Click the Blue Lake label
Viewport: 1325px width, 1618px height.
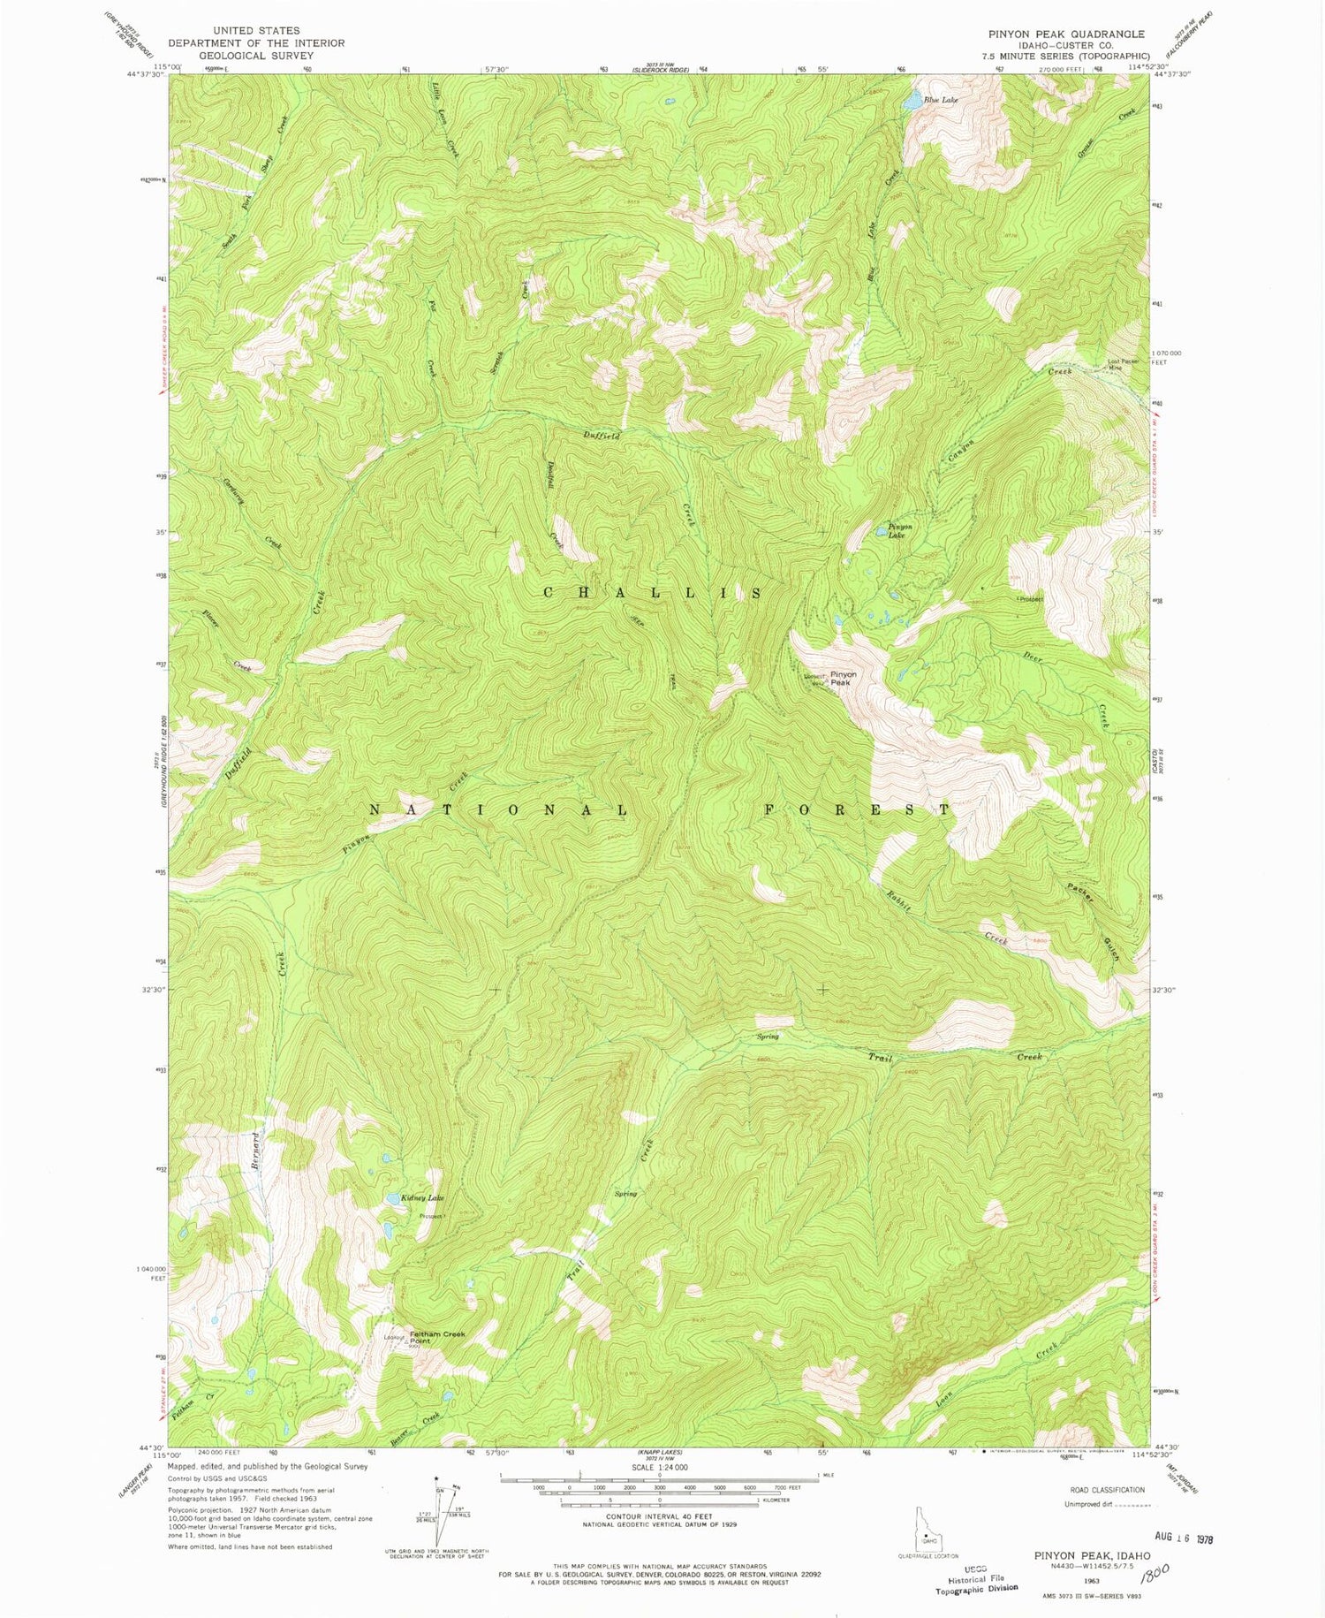click(941, 101)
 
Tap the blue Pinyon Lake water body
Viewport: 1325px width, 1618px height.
click(882, 530)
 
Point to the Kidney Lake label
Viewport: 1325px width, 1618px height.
click(423, 1198)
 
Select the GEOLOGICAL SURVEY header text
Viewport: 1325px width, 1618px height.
click(256, 55)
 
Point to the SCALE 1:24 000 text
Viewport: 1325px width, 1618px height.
click(660, 1467)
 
